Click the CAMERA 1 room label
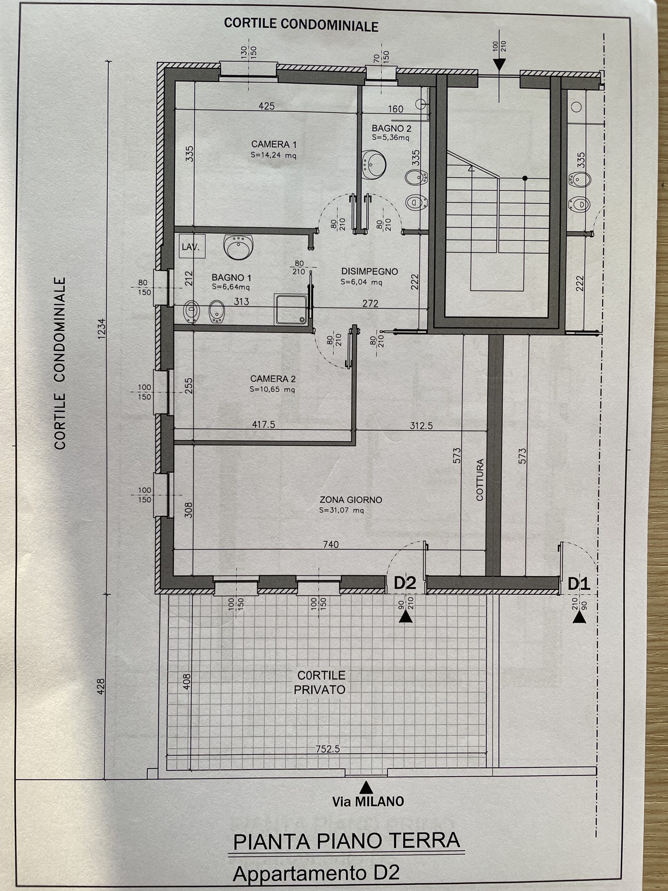(x=274, y=144)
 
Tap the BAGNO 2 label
(x=391, y=128)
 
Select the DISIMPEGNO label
(x=369, y=271)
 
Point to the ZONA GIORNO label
(x=351, y=500)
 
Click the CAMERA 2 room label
(x=273, y=379)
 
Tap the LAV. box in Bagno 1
(x=192, y=246)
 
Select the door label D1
(x=579, y=584)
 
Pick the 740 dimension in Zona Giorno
(x=331, y=545)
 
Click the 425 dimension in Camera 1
(x=267, y=106)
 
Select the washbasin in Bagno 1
(x=239, y=247)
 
